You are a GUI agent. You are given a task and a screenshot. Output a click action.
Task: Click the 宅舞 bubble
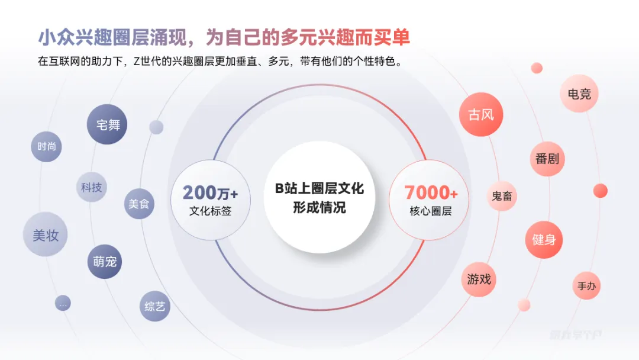pyautogui.click(x=107, y=124)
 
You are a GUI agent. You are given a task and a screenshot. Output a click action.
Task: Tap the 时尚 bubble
pyautogui.click(x=46, y=147)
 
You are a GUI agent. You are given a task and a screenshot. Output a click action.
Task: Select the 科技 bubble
pyautogui.click(x=92, y=188)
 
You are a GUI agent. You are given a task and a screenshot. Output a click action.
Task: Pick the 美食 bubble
pyautogui.click(x=139, y=204)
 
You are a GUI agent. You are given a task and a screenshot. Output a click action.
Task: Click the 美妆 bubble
pyautogui.click(x=46, y=234)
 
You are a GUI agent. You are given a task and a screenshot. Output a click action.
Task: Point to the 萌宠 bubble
pyautogui.click(x=105, y=261)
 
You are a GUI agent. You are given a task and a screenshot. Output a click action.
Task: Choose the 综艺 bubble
pyautogui.click(x=155, y=306)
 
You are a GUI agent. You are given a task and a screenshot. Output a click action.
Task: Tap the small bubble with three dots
pyautogui.click(x=63, y=304)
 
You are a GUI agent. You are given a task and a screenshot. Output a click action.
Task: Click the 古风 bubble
pyautogui.click(x=481, y=115)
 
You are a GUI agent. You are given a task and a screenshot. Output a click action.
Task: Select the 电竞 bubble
pyautogui.click(x=579, y=94)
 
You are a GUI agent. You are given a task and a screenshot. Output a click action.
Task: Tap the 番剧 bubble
pyautogui.click(x=547, y=159)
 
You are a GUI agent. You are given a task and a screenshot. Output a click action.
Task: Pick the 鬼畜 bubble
pyautogui.click(x=502, y=196)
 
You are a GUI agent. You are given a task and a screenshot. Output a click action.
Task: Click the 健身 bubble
pyautogui.click(x=544, y=240)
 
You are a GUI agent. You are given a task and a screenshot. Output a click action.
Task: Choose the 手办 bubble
pyautogui.click(x=586, y=287)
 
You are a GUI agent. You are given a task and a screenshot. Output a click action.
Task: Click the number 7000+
pyautogui.click(x=431, y=193)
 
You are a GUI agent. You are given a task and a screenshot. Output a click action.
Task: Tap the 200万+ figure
pyautogui.click(x=210, y=193)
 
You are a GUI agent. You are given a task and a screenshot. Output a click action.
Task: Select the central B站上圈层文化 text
pyautogui.click(x=319, y=189)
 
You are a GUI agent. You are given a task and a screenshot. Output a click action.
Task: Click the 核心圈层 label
pyautogui.click(x=431, y=211)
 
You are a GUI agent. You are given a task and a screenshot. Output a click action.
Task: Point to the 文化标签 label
pyautogui.click(x=210, y=211)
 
